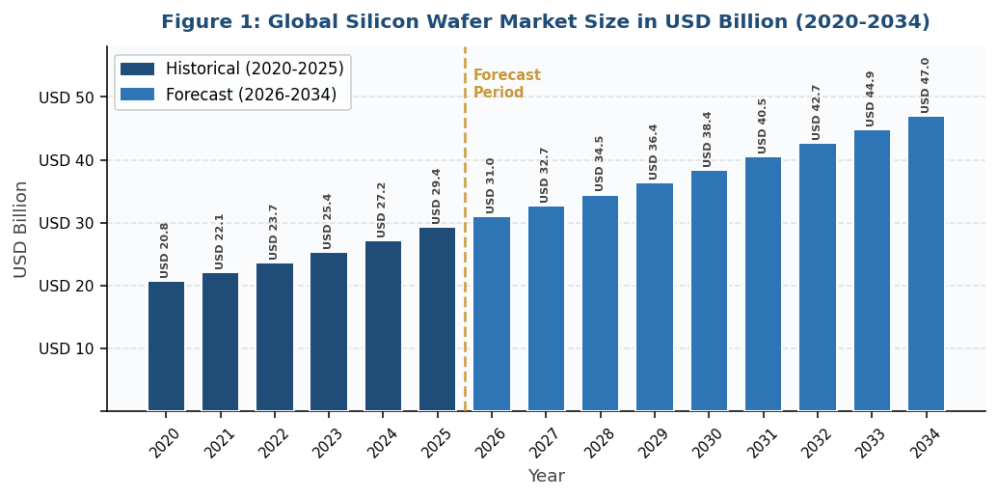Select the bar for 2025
click(x=437, y=319)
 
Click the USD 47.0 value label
click(x=926, y=85)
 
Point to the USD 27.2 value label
click(x=382, y=209)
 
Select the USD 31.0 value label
click(x=491, y=185)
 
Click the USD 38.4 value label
click(x=708, y=139)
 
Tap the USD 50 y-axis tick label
click(x=67, y=98)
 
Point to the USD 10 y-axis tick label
click(x=67, y=349)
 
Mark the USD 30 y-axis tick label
click(x=67, y=224)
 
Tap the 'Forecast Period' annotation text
click(x=506, y=85)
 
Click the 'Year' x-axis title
click(x=546, y=477)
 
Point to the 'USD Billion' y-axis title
click(x=21, y=230)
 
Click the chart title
click(x=545, y=22)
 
